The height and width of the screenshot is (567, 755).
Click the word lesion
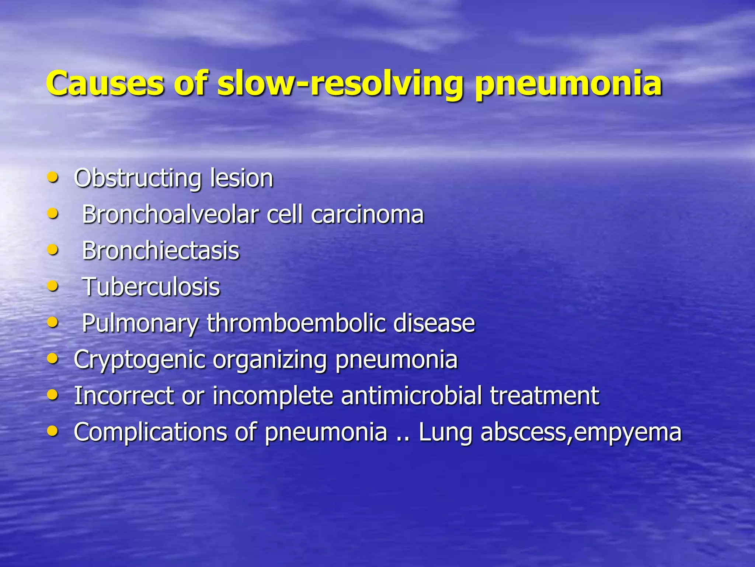241,178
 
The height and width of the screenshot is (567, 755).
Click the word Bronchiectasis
161,250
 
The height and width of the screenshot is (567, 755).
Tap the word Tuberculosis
151,286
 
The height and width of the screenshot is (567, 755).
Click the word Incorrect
124,395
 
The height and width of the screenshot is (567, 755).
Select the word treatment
544,395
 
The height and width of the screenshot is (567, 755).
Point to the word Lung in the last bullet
445,432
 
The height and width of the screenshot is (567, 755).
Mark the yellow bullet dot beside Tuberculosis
53,286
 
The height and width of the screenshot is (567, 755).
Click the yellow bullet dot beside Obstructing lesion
53,178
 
